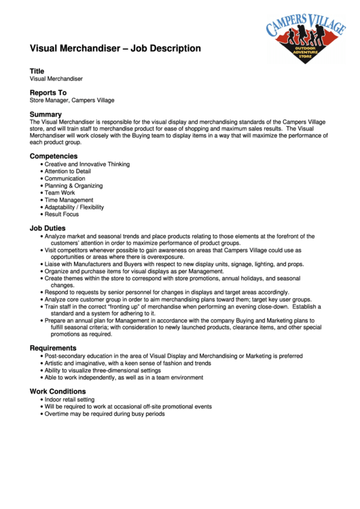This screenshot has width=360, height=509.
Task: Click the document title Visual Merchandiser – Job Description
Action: tap(115, 48)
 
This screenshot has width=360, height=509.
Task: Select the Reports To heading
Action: tap(48, 92)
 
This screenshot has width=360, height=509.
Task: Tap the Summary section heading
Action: tap(46, 114)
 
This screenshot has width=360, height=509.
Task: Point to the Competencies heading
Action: tap(54, 156)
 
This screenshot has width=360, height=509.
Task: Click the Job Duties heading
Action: tap(48, 228)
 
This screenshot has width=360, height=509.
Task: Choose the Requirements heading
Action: tap(53, 348)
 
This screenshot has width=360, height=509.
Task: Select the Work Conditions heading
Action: tap(58, 391)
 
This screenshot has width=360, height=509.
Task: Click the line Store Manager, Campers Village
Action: tap(72, 101)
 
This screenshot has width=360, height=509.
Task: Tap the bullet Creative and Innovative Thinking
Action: tap(87, 164)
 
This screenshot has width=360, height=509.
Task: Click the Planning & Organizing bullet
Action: tap(73, 186)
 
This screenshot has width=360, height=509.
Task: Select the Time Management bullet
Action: tap(69, 200)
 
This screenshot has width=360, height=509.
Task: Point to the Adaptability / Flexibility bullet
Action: tap(74, 207)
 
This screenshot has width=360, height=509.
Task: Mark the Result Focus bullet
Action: tap(62, 214)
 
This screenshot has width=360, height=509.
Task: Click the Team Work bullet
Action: tap(60, 193)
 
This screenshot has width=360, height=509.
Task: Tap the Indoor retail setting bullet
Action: tap(69, 400)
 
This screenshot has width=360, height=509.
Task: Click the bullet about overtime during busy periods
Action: tap(105, 414)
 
